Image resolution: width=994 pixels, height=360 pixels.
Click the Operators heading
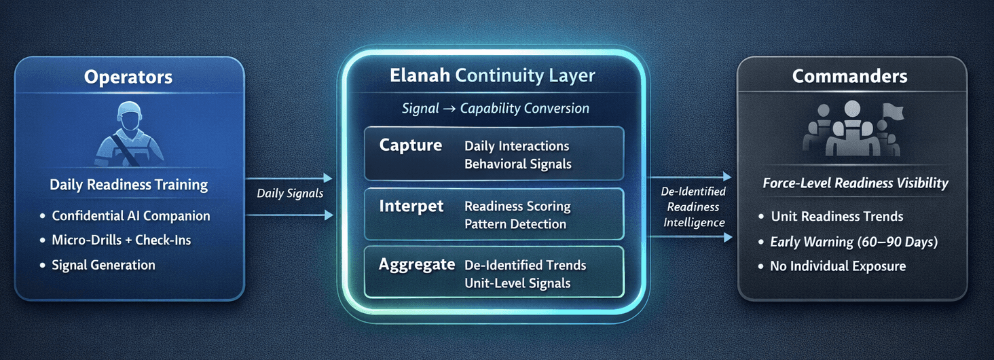coord(128,77)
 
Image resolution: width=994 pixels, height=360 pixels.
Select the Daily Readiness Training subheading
coord(128,185)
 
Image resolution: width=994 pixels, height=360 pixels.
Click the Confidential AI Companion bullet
coord(131,216)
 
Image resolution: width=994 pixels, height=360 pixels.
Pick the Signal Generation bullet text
coord(103,265)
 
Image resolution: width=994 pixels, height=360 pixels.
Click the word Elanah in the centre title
coord(420,75)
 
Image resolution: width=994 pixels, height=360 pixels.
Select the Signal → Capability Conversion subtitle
coord(495,109)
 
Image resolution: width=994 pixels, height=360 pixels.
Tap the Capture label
coord(410,145)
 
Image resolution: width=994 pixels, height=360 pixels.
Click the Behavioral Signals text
coord(517,164)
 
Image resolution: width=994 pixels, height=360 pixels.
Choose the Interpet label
coord(411,206)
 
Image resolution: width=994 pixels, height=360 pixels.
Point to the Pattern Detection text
coord(515,223)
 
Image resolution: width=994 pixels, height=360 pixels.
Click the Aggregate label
coord(416,265)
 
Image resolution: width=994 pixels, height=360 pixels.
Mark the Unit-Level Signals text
coord(517,283)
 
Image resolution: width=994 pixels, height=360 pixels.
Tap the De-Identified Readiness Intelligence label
coord(693,207)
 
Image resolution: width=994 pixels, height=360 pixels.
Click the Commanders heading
coord(849,76)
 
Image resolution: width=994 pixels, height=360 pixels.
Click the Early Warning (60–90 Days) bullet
coord(853,242)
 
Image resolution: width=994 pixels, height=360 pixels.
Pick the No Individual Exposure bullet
coord(837,266)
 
